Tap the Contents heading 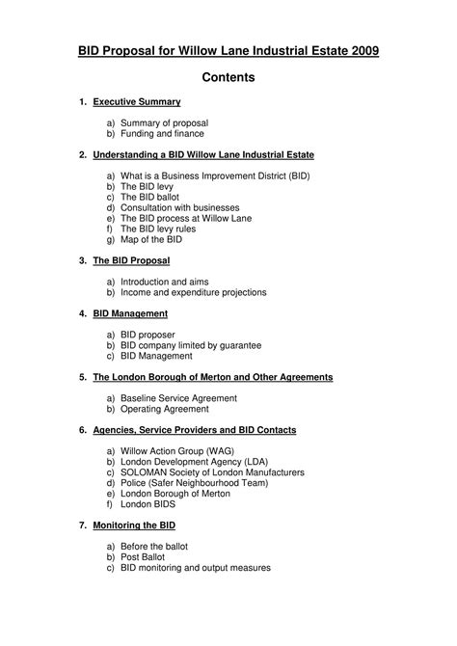tap(228, 78)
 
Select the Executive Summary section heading tap(137, 101)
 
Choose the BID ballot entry tap(150, 197)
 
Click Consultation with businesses tap(178, 207)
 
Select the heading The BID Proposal tap(131, 260)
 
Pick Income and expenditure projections tap(193, 292)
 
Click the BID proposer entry tap(148, 335)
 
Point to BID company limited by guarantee tap(191, 345)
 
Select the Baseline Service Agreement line tap(176, 397)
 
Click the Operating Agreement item tap(164, 408)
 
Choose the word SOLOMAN tap(145, 471)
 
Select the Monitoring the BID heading tap(134, 525)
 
